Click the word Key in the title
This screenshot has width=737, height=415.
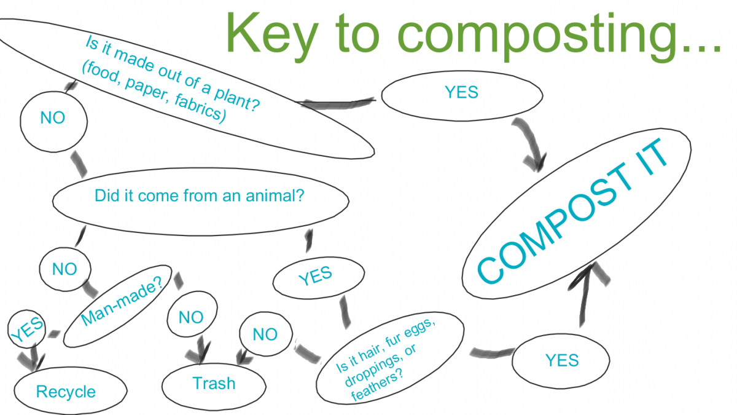(272, 36)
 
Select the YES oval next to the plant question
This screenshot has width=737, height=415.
(462, 96)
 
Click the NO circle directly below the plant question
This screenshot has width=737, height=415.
(53, 122)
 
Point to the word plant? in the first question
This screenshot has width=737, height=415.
(237, 100)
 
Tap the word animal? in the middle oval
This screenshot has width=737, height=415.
(275, 196)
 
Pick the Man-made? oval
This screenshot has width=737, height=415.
(117, 306)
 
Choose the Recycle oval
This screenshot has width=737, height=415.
(71, 391)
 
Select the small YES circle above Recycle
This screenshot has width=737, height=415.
(26, 329)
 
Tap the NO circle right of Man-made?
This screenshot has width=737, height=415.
(192, 314)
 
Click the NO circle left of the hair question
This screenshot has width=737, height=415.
(266, 334)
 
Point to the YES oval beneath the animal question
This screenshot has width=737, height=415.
(319, 278)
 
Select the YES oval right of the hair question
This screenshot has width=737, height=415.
(561, 361)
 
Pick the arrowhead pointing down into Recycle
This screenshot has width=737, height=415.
(31, 362)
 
